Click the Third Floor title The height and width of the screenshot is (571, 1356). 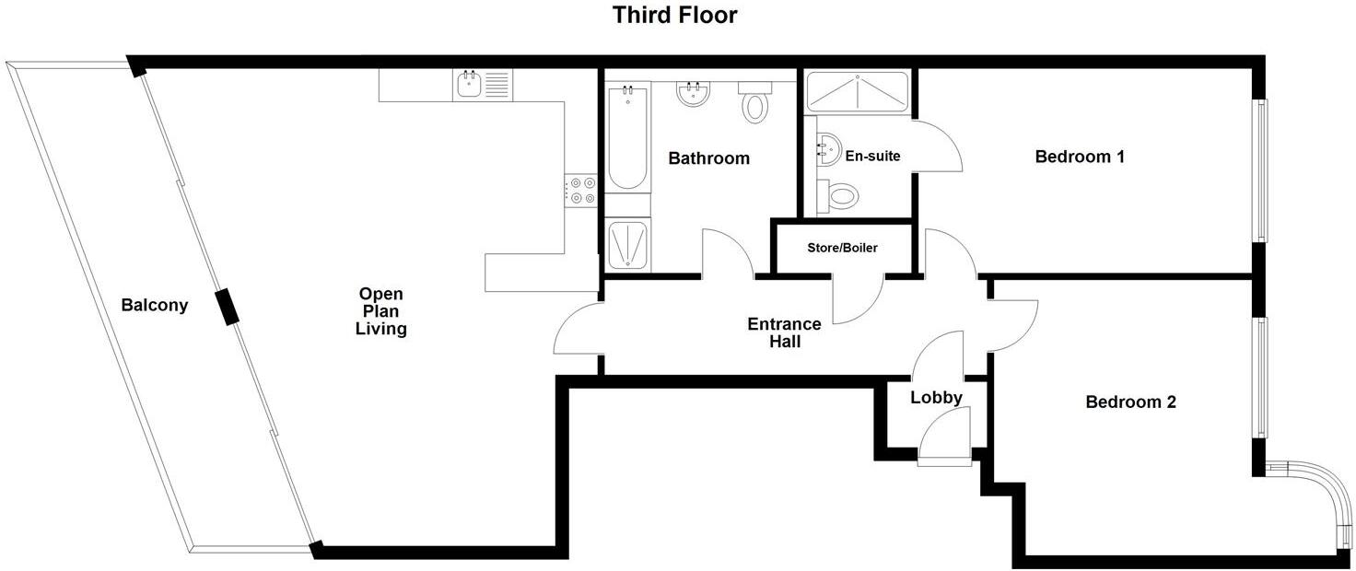pos(676,16)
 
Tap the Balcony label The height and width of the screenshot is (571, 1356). pos(155,305)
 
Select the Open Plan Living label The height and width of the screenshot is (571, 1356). pos(381,311)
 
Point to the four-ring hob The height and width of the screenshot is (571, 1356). pos(582,191)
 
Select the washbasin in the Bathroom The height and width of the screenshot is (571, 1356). pos(691,94)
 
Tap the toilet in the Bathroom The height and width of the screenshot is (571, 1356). pos(755,103)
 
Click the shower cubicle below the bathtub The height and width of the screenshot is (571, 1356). pos(627,245)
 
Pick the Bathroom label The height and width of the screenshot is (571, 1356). pos(708,158)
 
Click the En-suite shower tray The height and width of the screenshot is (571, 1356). pos(857,92)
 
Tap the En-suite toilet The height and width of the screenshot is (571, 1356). pos(839,194)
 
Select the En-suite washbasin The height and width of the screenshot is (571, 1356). pos(828,147)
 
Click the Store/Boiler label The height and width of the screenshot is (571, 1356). pos(842,248)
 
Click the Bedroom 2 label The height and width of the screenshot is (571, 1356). pos(1130,402)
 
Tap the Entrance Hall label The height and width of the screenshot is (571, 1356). pos(784,332)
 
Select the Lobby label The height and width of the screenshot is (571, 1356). pos(936,398)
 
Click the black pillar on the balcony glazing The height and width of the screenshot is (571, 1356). pos(226,307)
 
